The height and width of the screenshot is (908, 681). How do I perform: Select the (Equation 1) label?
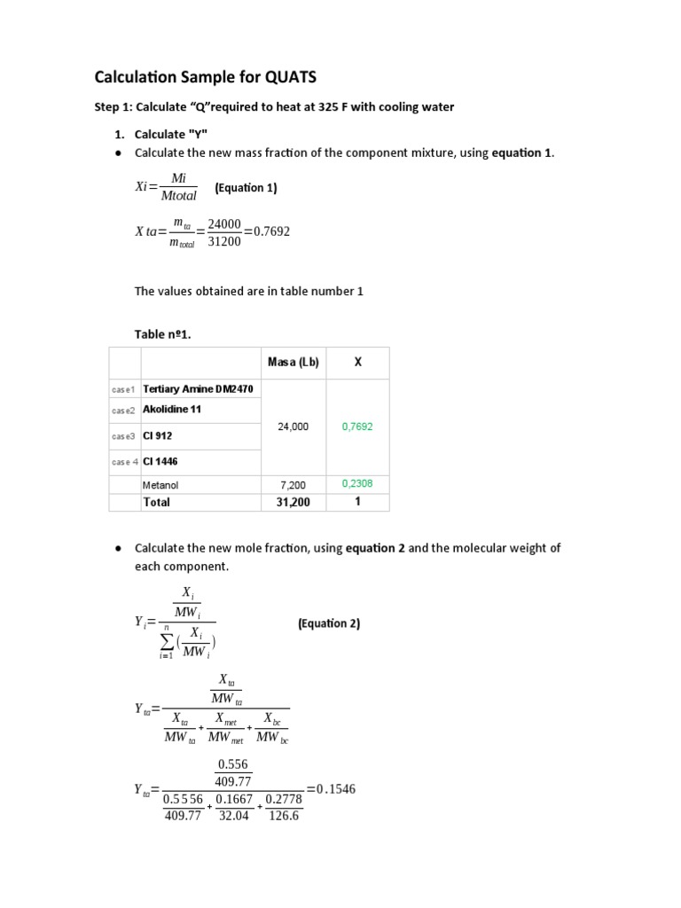(246, 188)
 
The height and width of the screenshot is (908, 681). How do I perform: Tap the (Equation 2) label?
(329, 623)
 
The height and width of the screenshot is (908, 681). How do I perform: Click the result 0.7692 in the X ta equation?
(266, 231)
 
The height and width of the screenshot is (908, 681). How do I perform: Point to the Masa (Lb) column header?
(294, 362)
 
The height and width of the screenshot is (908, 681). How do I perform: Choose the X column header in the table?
(357, 362)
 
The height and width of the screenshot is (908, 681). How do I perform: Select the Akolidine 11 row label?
(172, 410)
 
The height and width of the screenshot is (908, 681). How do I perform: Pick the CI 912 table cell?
(157, 435)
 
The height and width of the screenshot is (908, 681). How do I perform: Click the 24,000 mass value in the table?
(294, 427)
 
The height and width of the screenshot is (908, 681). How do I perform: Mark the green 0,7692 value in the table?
(357, 427)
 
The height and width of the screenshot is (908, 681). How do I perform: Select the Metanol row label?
(160, 485)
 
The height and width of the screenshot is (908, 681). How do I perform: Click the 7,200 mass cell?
(294, 485)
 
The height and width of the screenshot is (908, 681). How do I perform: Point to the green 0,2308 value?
(357, 484)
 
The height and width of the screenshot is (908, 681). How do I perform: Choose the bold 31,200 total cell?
(294, 502)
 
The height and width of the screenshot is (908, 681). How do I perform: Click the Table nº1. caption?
(162, 334)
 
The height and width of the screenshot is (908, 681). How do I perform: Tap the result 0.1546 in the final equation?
(336, 788)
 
